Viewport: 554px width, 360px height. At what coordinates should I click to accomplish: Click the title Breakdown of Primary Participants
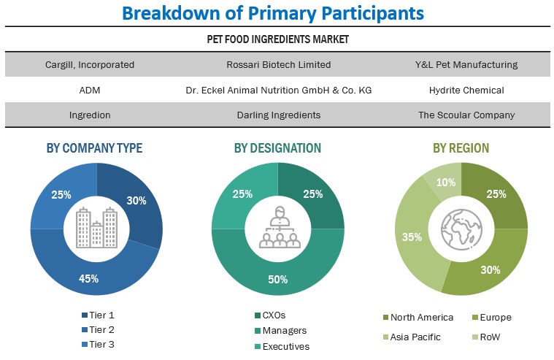272,13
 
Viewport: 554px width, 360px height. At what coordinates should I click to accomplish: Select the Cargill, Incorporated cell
90,64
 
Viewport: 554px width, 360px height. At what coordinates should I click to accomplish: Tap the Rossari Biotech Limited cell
278,64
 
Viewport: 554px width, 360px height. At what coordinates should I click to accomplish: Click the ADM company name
90,90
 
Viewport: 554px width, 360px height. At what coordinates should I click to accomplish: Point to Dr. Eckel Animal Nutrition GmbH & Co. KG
278,90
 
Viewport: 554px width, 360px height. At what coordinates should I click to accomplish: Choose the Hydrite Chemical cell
466,90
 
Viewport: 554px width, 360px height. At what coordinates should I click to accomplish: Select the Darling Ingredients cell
278,115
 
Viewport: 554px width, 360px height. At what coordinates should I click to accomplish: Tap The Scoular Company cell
466,115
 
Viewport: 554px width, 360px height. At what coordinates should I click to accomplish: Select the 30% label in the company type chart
136,200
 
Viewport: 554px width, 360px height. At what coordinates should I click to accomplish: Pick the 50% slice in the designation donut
277,279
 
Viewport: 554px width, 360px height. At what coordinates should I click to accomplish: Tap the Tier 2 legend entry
100,330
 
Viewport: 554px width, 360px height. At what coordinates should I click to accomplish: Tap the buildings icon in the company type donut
96,227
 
